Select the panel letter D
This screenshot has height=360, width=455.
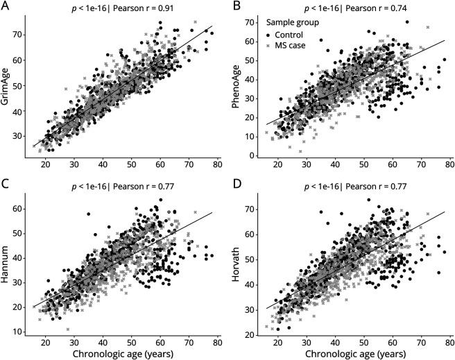pos(234,185)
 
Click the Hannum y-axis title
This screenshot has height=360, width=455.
pos(8,265)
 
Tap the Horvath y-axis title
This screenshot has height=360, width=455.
pos(237,265)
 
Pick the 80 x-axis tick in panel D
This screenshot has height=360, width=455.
pos(449,341)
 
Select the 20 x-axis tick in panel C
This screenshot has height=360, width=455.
pos(45,341)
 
